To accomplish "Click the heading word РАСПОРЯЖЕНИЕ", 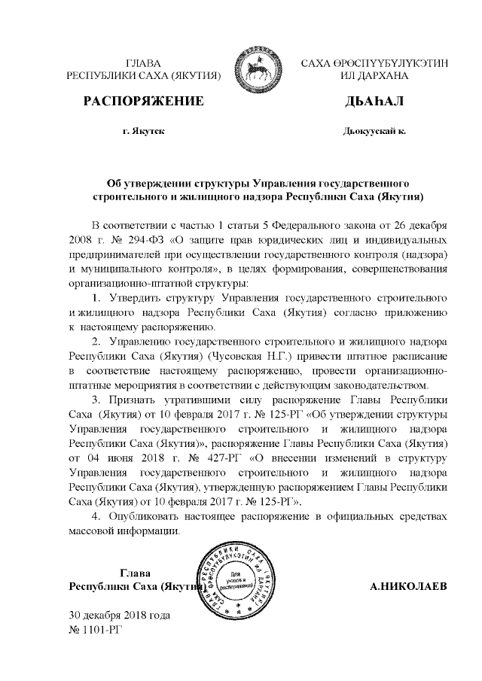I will (143, 100).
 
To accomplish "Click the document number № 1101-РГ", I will (94, 628).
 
